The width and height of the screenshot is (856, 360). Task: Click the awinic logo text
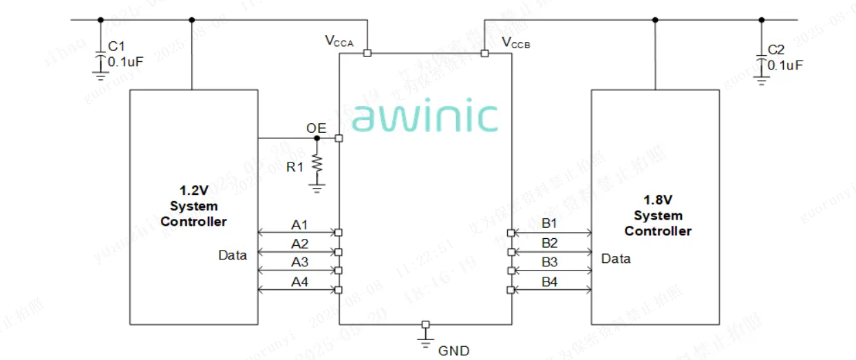(424, 118)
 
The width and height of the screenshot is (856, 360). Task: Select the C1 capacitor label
(117, 47)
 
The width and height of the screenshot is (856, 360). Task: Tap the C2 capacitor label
(775, 50)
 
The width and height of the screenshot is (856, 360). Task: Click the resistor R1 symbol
(317, 163)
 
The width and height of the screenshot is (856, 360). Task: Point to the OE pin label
(317, 128)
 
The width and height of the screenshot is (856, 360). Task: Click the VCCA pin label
(339, 42)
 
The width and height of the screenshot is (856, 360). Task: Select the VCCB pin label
(516, 43)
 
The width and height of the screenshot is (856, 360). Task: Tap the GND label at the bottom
(454, 351)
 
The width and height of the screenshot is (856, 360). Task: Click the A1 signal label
(299, 224)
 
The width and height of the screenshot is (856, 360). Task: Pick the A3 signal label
(299, 262)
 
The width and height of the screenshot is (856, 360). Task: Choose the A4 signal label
(299, 281)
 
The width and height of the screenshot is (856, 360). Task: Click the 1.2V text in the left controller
(193, 191)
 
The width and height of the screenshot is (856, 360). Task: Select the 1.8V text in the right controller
(657, 200)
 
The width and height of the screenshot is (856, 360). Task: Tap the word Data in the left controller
(233, 255)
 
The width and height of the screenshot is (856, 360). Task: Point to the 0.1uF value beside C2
(785, 65)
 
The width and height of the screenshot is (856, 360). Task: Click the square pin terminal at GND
(425, 324)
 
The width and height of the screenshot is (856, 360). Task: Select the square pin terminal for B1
(510, 233)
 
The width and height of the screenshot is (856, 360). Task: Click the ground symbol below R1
(317, 186)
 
